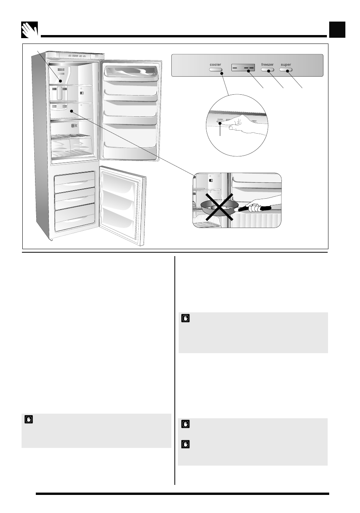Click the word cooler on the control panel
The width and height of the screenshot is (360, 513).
coord(216,65)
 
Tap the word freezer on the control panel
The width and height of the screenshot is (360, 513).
coord(267,65)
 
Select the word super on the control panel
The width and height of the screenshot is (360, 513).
coord(286,65)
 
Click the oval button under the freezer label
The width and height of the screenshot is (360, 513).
coord(267,70)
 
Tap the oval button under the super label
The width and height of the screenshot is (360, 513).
coord(286,70)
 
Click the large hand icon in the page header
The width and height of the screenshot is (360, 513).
coord(30,30)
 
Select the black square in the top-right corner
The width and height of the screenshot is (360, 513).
coord(337,30)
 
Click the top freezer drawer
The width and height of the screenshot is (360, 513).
coord(75,181)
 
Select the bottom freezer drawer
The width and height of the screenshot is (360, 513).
coord(75,220)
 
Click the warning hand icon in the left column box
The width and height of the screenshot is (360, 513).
coord(28,419)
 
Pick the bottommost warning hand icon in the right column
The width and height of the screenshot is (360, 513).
coord(186,444)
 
